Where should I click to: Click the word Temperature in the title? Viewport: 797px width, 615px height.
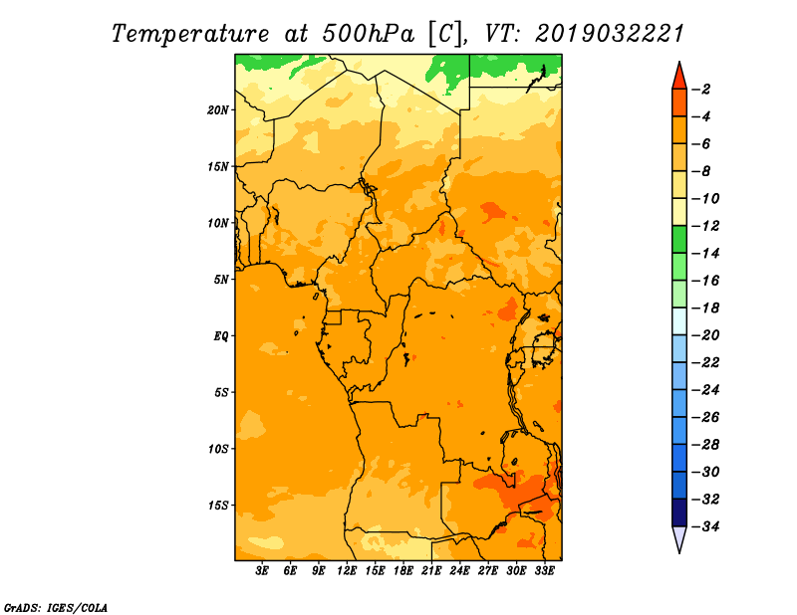click(x=189, y=34)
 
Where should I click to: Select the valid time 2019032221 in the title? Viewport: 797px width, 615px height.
click(x=610, y=34)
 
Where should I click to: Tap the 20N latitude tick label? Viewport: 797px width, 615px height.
click(x=218, y=109)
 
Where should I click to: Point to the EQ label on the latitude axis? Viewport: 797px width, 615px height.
click(x=220, y=336)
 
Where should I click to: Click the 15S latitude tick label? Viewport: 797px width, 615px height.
click(x=218, y=506)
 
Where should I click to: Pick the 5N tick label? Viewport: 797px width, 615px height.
click(x=221, y=280)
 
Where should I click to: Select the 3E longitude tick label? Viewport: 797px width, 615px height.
click(x=262, y=571)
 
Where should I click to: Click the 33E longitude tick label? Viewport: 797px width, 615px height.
click(x=544, y=571)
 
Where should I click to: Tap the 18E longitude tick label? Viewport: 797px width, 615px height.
click(x=403, y=571)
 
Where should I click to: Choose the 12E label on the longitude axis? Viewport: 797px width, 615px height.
click(x=347, y=571)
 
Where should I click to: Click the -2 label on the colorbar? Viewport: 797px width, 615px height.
click(x=701, y=90)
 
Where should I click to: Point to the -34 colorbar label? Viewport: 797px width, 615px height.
click(x=706, y=526)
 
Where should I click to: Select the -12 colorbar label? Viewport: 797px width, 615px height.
click(x=706, y=226)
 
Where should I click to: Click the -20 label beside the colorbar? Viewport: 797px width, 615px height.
click(x=706, y=335)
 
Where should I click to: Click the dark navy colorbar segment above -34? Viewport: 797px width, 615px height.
click(x=679, y=512)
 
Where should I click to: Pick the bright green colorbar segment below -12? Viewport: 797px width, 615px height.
click(x=679, y=239)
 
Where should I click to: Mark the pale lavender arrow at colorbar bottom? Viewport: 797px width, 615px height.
click(x=679, y=538)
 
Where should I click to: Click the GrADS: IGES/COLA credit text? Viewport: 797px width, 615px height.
click(x=56, y=608)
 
